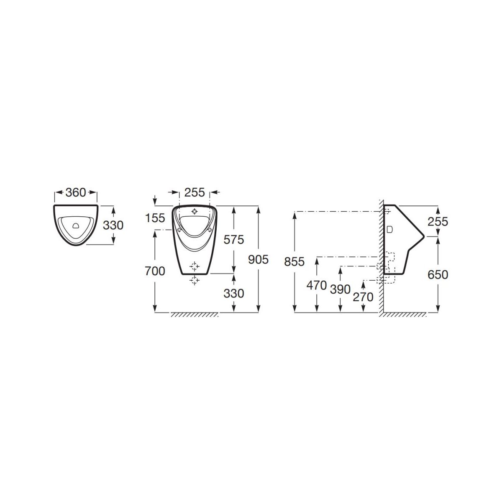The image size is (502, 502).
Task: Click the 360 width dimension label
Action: pyautogui.click(x=76, y=192)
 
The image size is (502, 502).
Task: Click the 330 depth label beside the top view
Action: pyautogui.click(x=113, y=225)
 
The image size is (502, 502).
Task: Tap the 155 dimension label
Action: pyautogui.click(x=155, y=218)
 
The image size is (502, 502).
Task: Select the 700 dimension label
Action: pyautogui.click(x=155, y=271)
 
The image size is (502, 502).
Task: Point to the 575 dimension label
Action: pyautogui.click(x=234, y=240)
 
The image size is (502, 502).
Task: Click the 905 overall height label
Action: pyautogui.click(x=258, y=259)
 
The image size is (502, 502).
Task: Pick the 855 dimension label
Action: pyautogui.click(x=295, y=262)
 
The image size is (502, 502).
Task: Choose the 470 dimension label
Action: pyautogui.click(x=317, y=286)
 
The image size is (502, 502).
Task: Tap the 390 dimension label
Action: pyautogui.click(x=340, y=289)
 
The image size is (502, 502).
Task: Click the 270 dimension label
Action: pyautogui.click(x=363, y=297)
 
